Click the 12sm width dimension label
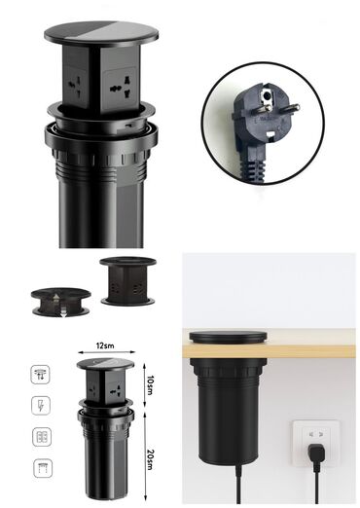tap(105, 345)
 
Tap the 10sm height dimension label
tap(150, 385)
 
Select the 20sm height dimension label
tap(150, 459)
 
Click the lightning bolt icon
tap(41, 406)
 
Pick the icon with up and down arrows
tap(40, 375)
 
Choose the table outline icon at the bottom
tap(43, 468)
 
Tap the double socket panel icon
tap(42, 437)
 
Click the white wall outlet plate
tap(316, 443)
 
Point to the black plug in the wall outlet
tap(315, 454)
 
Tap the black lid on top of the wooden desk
tap(229, 338)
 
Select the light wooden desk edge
tap(269, 351)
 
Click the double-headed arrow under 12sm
tap(106, 351)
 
